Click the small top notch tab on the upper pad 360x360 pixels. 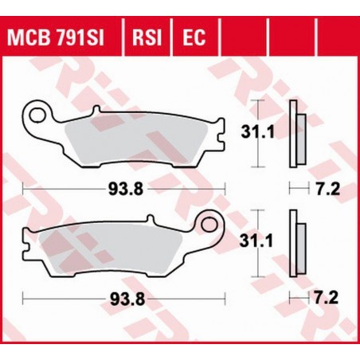point(96,111)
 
